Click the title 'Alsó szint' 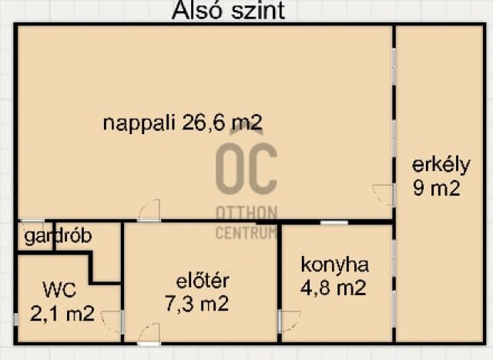228,10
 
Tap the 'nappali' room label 139,123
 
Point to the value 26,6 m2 222,123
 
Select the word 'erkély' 441,165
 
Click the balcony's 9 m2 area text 437,189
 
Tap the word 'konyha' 334,266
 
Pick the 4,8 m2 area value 334,288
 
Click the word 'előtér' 203,281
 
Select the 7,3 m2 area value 197,304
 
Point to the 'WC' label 59,290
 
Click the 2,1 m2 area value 62,314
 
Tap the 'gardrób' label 59,237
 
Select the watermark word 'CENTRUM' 246,233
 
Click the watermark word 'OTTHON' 246,213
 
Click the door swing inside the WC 111,321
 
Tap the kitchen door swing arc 290,321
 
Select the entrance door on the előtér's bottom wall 149,335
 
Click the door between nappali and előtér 149,210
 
